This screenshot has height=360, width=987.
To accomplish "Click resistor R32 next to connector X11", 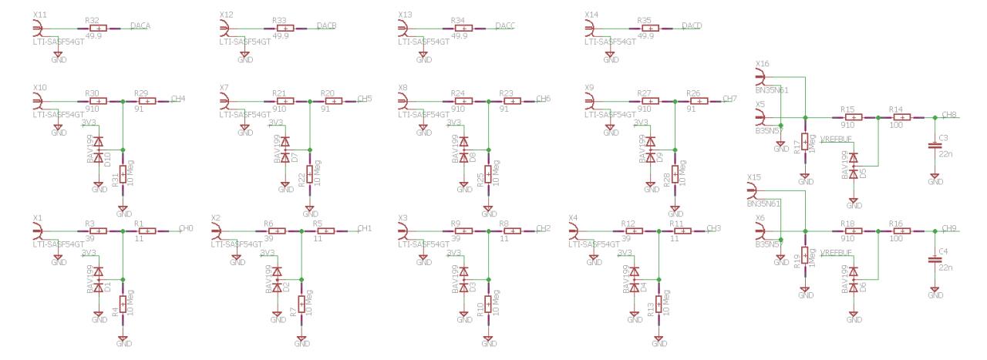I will coord(97,29).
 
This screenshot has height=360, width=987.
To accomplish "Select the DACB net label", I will coord(325,25).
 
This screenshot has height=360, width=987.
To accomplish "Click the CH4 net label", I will coord(178,99).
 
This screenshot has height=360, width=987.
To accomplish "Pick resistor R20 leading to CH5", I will coord(334,101).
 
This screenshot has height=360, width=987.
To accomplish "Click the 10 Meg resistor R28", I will coord(675,176).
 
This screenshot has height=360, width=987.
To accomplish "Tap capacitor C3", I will coord(935,144).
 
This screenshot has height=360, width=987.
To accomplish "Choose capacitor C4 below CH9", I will coord(935,259).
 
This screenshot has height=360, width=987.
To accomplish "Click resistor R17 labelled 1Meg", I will coord(805,143).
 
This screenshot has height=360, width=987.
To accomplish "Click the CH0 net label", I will coord(185,229).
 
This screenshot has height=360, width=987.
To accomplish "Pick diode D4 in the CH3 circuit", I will coord(635,279).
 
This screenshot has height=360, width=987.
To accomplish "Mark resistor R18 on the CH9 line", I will coord(853,230).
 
